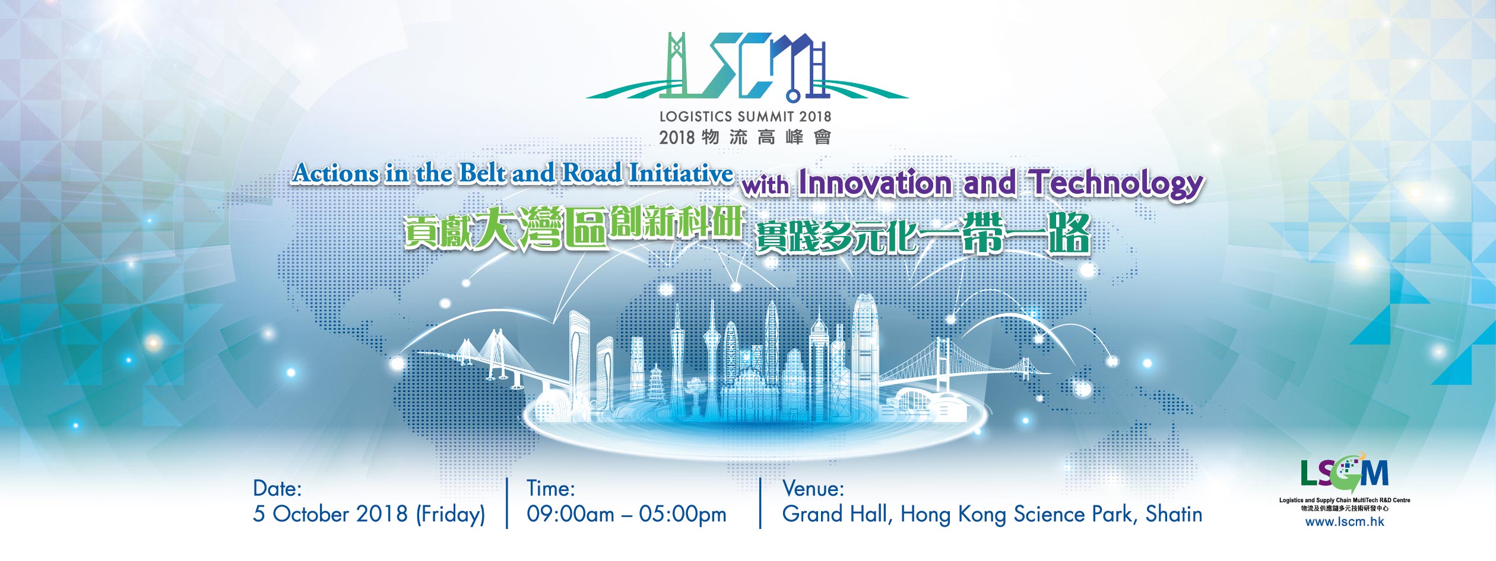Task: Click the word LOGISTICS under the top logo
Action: tap(695, 116)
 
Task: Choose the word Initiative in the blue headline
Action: tap(681, 173)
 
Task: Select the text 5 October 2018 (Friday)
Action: tap(369, 514)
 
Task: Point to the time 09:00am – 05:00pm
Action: tap(626, 515)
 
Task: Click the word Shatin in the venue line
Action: tap(1174, 514)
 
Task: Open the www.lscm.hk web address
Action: tap(1345, 522)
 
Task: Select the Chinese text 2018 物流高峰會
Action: tap(745, 138)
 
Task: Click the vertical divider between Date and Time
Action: tap(507, 503)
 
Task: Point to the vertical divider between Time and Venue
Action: tap(760, 503)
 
